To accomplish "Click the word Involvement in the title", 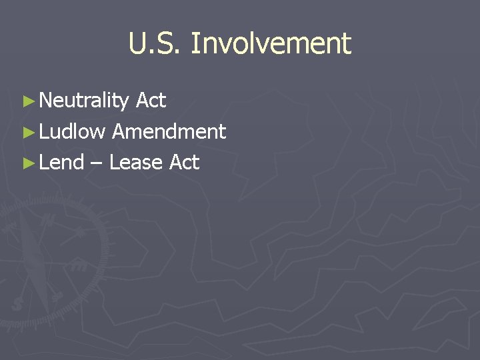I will (x=271, y=44).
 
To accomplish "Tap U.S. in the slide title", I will (x=155, y=44).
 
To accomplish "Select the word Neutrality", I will (x=84, y=101).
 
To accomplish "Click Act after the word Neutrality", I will (x=151, y=101).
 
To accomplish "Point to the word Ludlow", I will (x=72, y=131).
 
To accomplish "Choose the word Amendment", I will (x=169, y=131).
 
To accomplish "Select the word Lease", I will (x=137, y=162).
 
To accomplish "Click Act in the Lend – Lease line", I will (x=185, y=162).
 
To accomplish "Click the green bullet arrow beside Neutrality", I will (x=27, y=102).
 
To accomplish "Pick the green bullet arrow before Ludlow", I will (x=27, y=133).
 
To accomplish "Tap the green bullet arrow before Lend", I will (x=27, y=163).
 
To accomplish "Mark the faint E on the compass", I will (x=79, y=265).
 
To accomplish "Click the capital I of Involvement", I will (x=194, y=44).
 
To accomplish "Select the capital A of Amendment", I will (x=119, y=131).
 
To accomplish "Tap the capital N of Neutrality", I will (x=46, y=101).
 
